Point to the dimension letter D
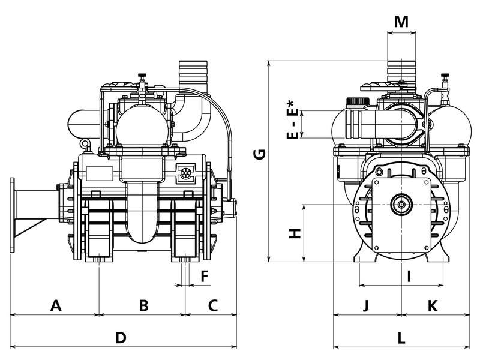click(121, 337)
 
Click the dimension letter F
click(205, 276)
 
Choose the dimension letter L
click(401, 337)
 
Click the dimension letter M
click(401, 22)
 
